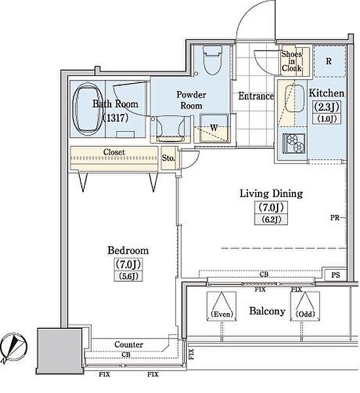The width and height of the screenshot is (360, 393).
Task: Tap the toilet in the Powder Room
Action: (212, 60)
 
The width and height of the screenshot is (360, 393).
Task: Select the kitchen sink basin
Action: (295, 98)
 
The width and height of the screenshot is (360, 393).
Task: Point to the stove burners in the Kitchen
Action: (294, 143)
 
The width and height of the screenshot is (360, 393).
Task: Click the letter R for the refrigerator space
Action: (329, 61)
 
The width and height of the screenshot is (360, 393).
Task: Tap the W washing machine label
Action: (213, 128)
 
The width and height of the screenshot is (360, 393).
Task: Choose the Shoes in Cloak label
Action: (291, 61)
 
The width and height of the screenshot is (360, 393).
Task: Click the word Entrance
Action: (256, 96)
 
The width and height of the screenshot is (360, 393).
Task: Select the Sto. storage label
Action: (168, 158)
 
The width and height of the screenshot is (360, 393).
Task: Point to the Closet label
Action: (114, 152)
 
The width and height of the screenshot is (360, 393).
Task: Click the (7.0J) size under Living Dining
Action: (271, 207)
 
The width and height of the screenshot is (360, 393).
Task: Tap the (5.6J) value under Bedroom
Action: (128, 276)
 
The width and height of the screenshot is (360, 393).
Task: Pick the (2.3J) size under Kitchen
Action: (327, 107)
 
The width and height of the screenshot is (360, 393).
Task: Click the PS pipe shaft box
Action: (336, 275)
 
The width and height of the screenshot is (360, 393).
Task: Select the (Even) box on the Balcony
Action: (222, 306)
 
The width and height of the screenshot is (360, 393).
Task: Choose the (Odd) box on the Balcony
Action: (305, 306)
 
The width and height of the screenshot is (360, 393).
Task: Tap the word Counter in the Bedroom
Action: (129, 345)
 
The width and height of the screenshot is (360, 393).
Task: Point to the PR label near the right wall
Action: (334, 218)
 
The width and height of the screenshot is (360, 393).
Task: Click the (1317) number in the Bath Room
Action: (115, 117)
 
